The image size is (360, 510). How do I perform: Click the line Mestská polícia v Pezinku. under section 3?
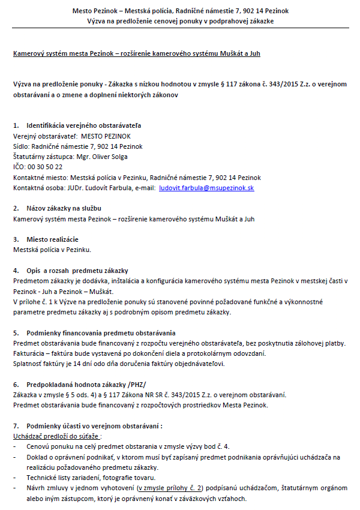[x=52, y=250]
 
